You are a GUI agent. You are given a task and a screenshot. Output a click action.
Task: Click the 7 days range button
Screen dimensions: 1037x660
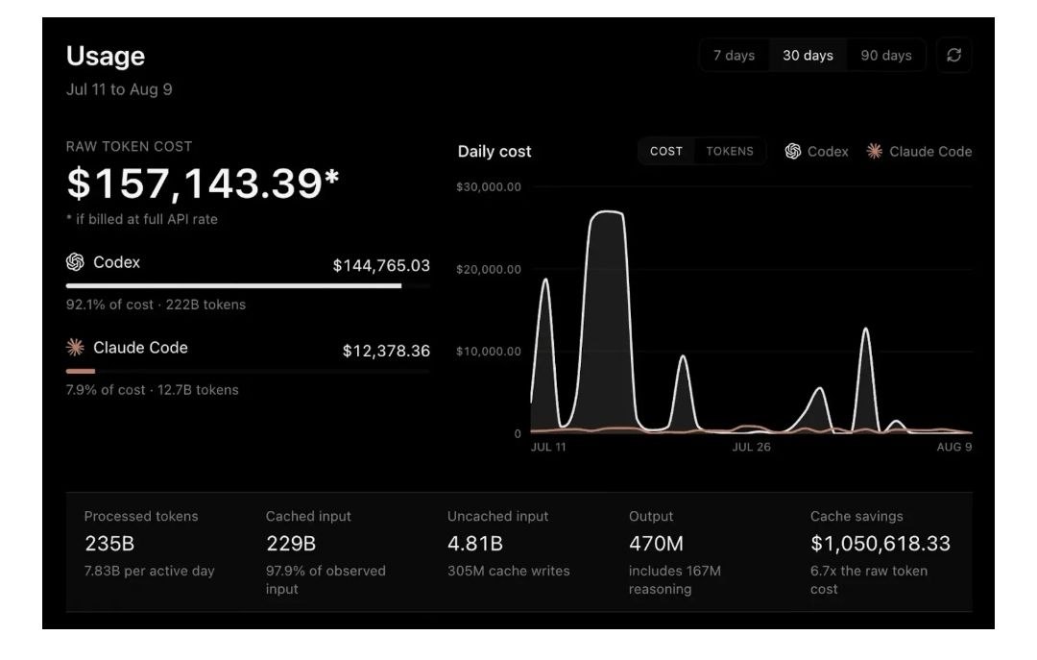point(734,56)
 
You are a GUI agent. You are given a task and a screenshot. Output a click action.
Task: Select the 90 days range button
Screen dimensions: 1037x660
point(885,56)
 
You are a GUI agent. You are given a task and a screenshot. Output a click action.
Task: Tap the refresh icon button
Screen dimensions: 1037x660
point(953,56)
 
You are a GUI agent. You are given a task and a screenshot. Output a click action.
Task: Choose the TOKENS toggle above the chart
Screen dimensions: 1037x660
point(730,152)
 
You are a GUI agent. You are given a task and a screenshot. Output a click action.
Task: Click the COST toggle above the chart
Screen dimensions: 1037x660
point(666,152)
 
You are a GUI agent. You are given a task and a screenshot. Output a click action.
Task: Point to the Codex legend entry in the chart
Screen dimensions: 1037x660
point(817,152)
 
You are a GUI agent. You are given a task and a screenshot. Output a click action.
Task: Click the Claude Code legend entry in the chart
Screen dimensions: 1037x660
point(919,152)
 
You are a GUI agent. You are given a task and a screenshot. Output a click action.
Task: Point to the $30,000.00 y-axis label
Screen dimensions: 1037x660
point(489,187)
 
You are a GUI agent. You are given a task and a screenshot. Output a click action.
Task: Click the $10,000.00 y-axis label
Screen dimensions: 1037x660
point(489,352)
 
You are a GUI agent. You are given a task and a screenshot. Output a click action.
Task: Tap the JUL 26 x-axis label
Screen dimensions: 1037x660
point(751,448)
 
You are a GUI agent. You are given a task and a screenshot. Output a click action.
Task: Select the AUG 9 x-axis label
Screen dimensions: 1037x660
point(954,448)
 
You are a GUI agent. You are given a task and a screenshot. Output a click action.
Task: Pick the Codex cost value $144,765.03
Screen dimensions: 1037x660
point(381,266)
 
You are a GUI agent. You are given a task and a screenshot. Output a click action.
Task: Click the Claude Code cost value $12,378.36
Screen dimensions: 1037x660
point(386,351)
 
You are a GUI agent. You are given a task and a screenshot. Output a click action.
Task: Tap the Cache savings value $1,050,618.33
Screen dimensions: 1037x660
point(880,544)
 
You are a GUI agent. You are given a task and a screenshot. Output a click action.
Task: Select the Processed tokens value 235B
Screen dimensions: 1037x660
point(109,544)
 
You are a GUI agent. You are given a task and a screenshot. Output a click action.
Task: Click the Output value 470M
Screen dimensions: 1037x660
point(656,544)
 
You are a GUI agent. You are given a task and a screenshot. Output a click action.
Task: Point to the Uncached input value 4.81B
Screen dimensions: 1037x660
point(475,544)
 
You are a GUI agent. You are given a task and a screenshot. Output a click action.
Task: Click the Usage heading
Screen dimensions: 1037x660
point(106,57)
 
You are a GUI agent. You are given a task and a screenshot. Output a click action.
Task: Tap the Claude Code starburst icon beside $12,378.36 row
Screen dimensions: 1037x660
point(76,348)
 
